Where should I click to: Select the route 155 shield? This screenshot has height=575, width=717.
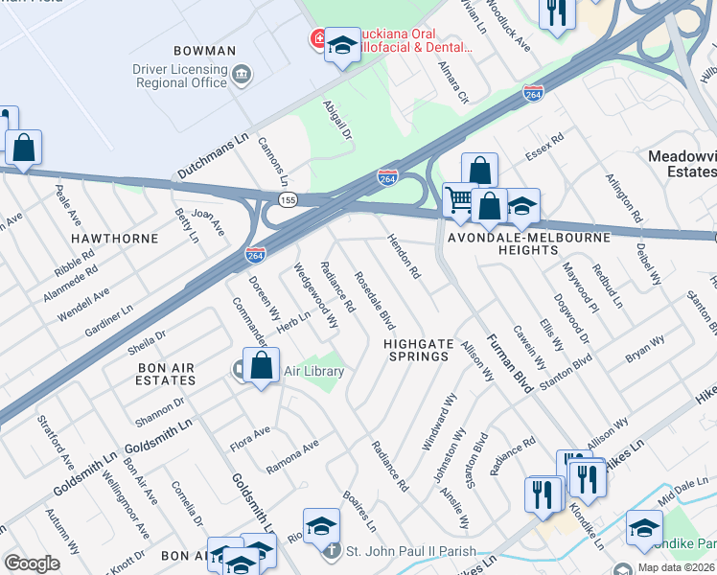tap(288, 198)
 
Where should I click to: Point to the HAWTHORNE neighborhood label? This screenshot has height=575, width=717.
tap(107, 236)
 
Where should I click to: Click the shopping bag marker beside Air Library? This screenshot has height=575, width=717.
tap(261, 366)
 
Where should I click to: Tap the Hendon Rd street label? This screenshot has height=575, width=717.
tap(403, 257)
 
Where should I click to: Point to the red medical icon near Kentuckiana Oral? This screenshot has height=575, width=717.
tap(316, 39)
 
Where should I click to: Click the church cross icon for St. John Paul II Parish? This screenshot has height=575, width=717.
tap(331, 551)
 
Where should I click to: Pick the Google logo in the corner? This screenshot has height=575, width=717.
tap(32, 563)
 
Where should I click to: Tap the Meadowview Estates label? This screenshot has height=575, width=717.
tap(682, 163)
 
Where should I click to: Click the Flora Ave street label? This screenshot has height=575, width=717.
tap(251, 440)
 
